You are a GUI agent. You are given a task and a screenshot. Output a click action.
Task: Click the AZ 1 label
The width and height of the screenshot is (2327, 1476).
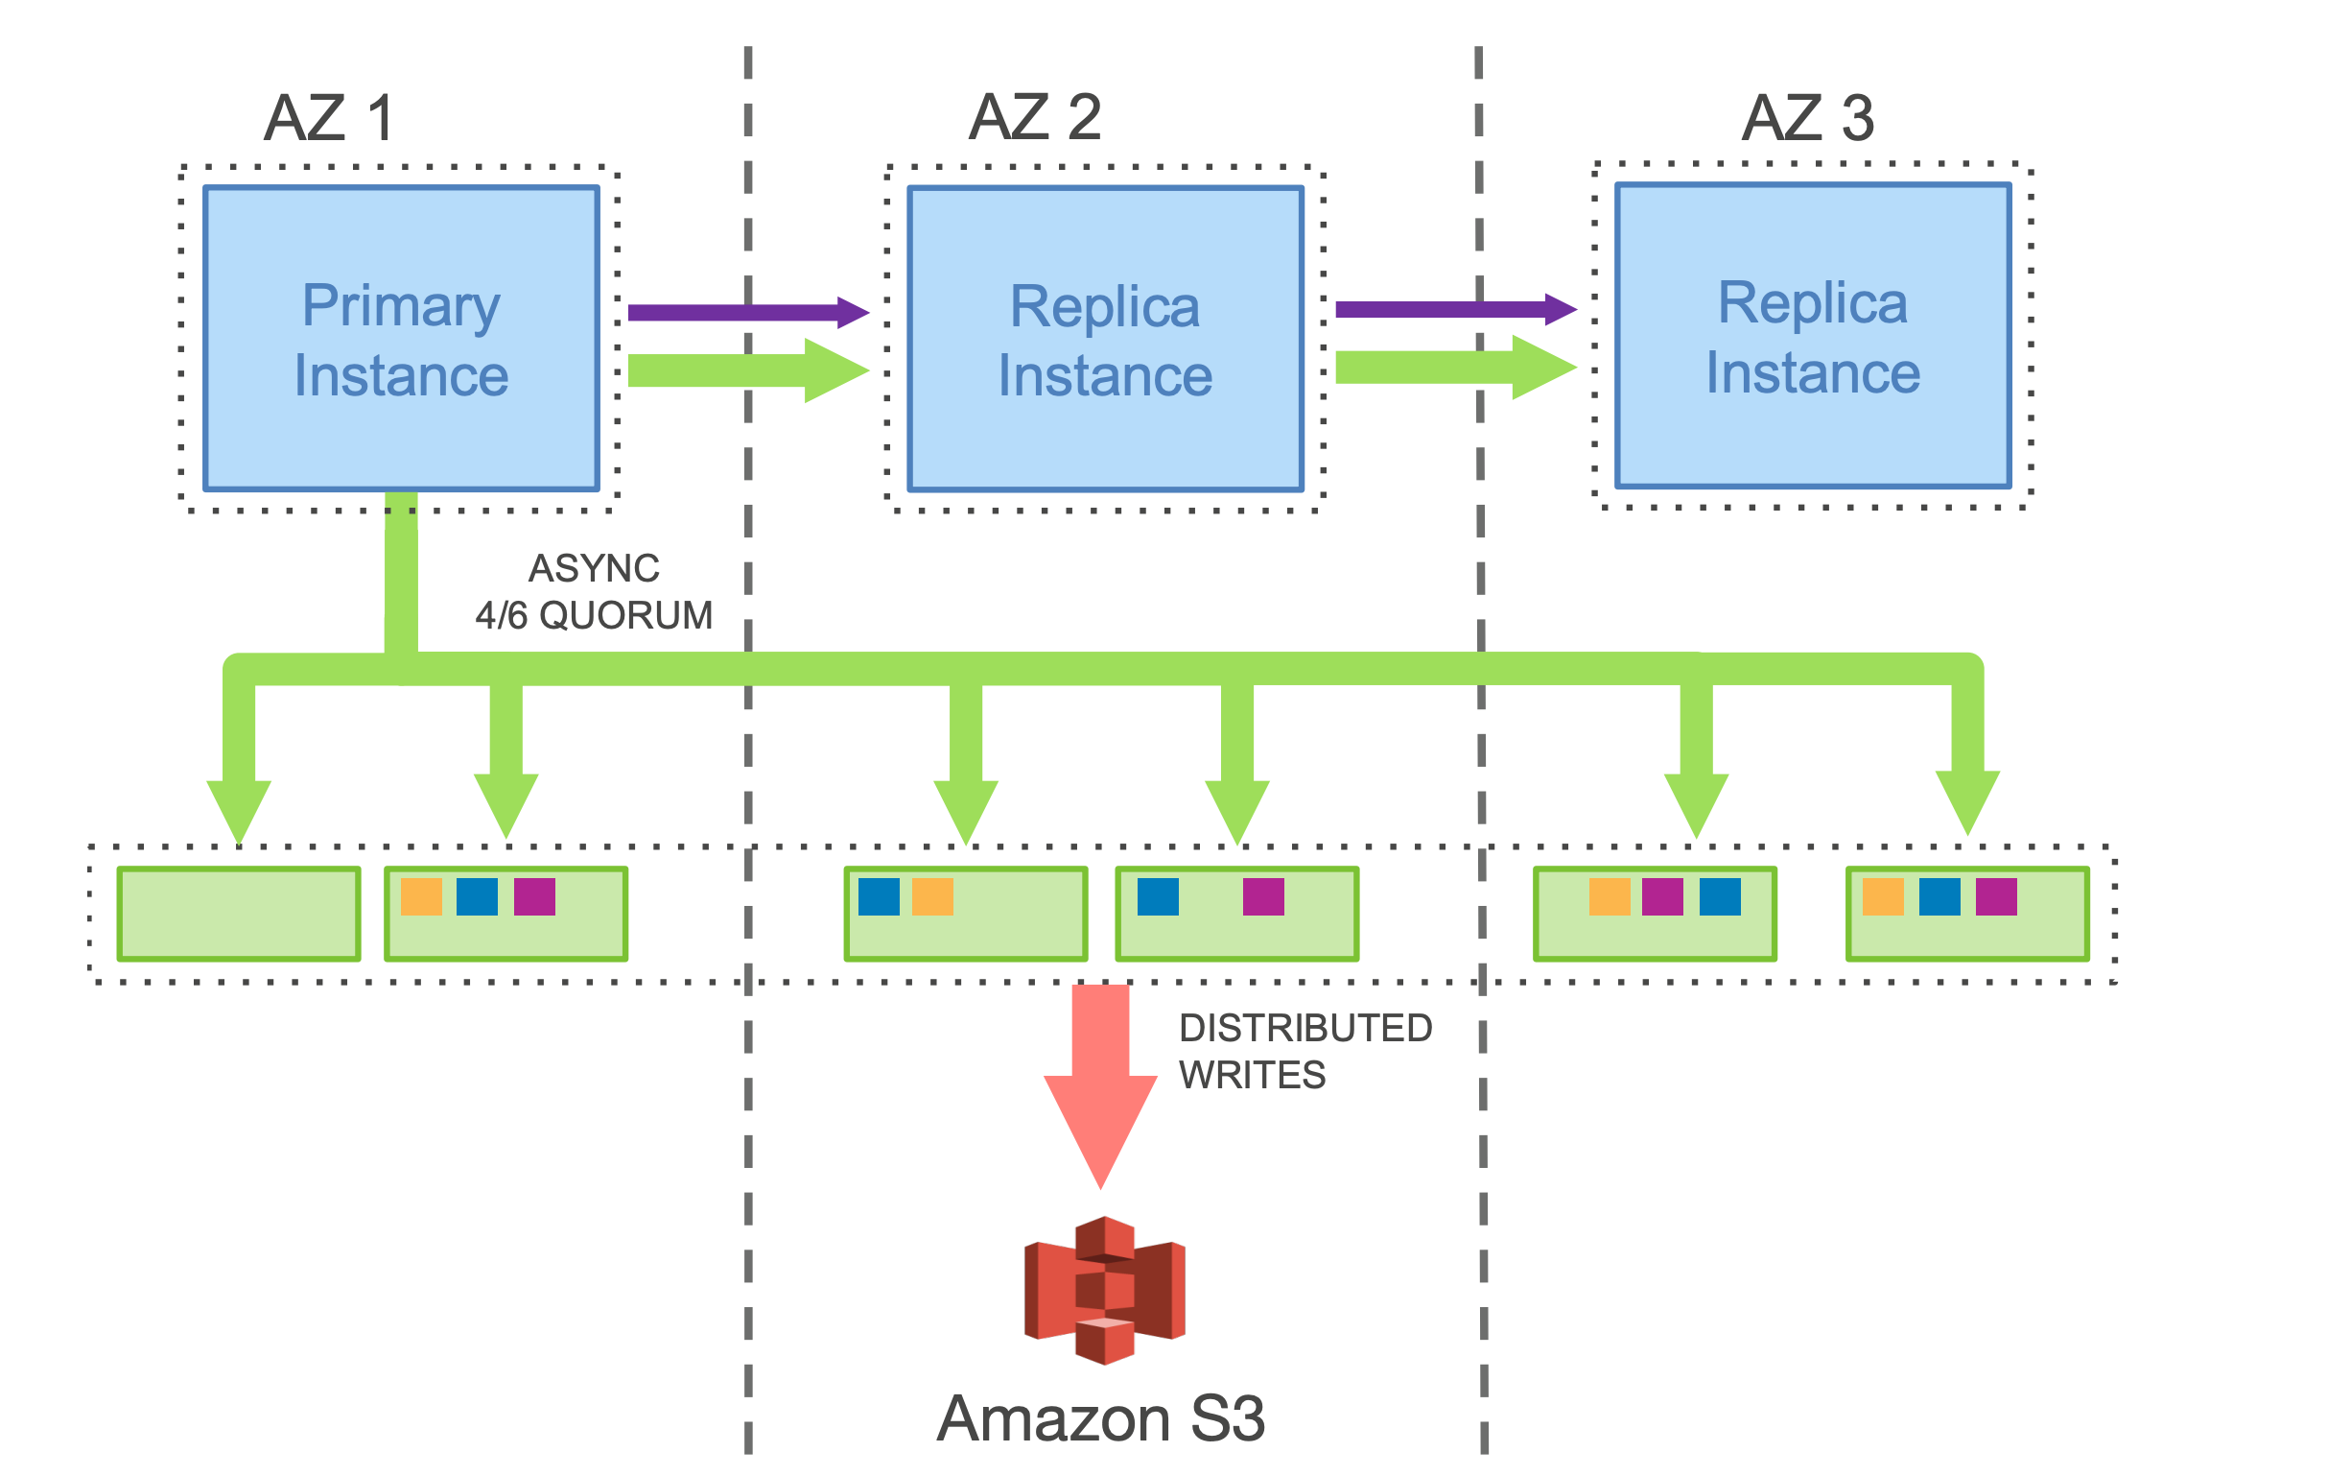point(329,118)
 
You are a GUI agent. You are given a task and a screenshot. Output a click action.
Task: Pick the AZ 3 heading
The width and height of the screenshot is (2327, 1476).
point(1807,118)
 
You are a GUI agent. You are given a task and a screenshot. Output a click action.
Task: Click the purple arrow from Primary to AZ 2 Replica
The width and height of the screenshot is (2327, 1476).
point(744,312)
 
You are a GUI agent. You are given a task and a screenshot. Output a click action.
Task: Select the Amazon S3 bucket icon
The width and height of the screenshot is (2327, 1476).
point(1105,1290)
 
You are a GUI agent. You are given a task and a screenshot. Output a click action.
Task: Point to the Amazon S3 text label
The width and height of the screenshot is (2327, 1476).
point(1100,1418)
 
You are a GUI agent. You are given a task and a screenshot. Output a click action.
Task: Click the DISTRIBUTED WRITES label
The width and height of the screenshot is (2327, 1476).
point(1305,1051)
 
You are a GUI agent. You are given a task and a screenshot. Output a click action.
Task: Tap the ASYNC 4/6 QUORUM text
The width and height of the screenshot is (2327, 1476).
point(594,591)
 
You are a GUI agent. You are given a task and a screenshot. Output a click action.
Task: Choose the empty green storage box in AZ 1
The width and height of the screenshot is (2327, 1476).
point(239,914)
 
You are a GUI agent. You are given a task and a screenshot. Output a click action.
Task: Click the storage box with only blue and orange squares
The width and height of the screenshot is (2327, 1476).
point(965,914)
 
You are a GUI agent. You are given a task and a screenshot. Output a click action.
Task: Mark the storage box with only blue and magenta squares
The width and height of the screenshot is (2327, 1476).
point(1237,914)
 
